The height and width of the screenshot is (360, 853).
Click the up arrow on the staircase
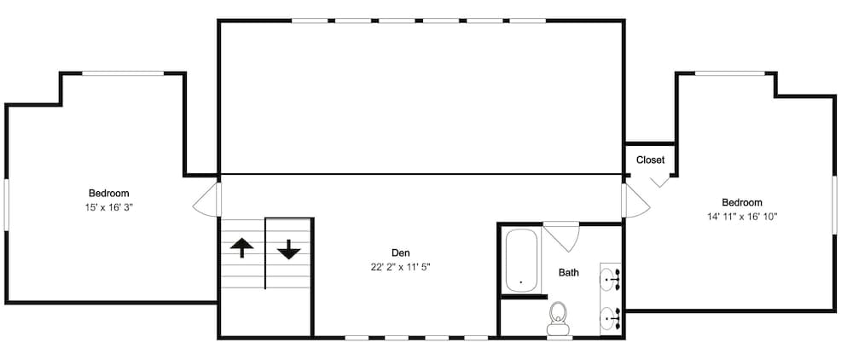click(243, 248)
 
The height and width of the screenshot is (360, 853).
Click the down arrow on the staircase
click(288, 248)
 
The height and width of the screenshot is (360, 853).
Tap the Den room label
click(401, 253)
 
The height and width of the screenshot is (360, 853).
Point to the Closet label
click(650, 160)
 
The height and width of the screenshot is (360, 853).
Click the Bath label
click(568, 273)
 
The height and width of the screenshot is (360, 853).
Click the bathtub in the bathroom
click(520, 260)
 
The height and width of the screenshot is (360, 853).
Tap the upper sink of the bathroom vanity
click(612, 277)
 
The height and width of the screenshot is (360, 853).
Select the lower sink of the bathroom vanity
click(612, 317)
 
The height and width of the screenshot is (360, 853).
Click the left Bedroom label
click(109, 194)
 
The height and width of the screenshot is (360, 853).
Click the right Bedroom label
click(741, 202)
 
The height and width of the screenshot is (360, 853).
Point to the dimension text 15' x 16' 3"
click(109, 207)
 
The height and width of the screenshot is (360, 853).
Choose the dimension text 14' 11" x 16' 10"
click(741, 217)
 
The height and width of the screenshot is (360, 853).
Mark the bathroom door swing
click(564, 235)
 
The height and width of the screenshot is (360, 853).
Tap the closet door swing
click(659, 180)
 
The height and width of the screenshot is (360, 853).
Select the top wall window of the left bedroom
click(122, 74)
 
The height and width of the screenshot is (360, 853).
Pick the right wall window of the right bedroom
click(834, 204)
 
